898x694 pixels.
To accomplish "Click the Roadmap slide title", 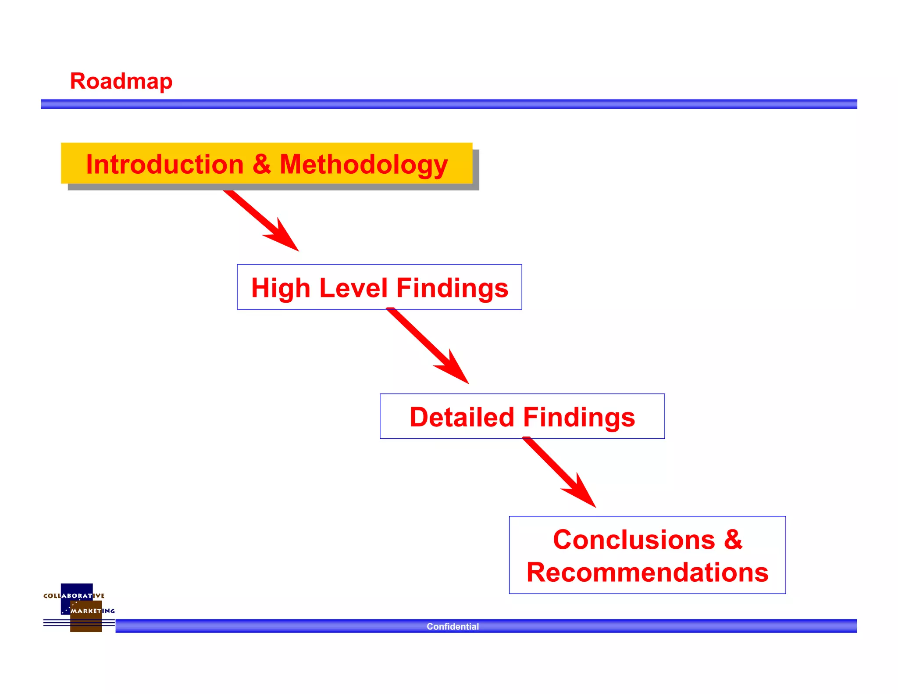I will [121, 81].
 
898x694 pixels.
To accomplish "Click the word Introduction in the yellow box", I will [164, 165].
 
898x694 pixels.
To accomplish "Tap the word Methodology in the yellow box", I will [363, 165].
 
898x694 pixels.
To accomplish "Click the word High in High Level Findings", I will [281, 288].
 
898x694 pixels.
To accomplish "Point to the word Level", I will [353, 288].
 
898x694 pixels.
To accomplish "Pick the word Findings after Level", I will [452, 288].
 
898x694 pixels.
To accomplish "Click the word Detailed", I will [461, 417].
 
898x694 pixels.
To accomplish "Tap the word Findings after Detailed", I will [579, 417].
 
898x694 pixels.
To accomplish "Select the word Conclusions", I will [634, 540].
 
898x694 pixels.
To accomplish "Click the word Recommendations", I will [647, 572].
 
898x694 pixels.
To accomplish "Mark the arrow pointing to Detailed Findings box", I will [430, 347].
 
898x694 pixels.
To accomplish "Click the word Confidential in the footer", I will [453, 626].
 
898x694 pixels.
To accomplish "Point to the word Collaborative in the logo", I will [74, 596].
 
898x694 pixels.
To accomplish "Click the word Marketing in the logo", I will [93, 611].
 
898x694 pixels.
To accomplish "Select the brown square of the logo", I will [86, 623].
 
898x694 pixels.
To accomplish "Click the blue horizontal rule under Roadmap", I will [449, 104].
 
